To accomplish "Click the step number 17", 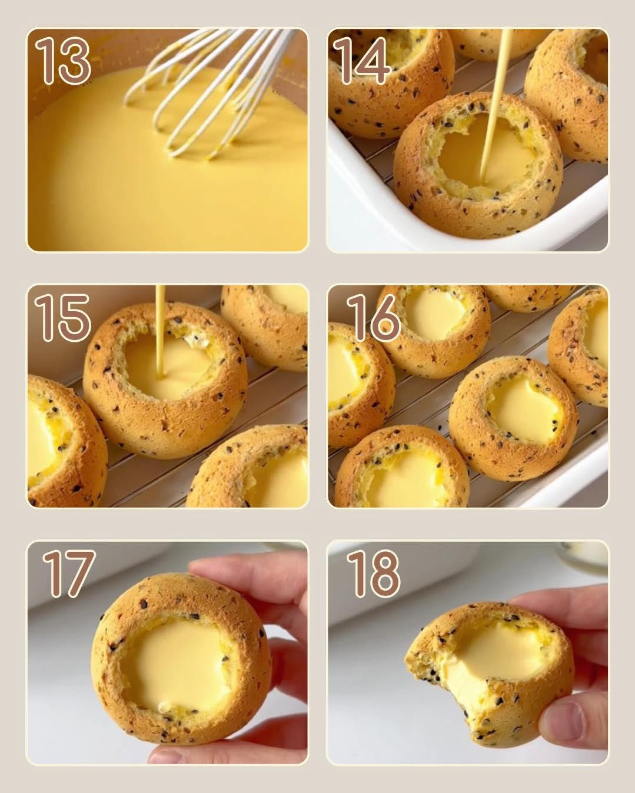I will tap(68, 573).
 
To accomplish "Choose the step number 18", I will tap(373, 573).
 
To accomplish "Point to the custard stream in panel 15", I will tap(160, 329).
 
